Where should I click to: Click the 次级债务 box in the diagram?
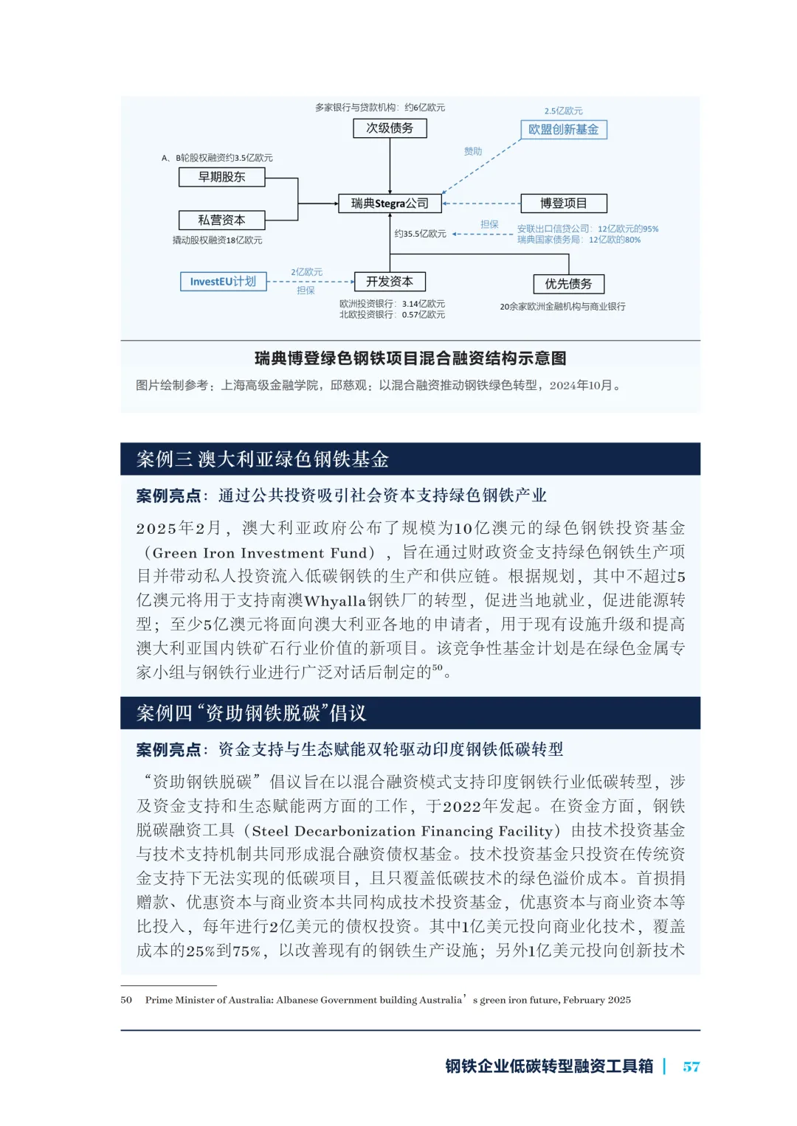pyautogui.click(x=390, y=128)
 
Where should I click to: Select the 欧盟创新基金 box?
pyautogui.click(x=563, y=130)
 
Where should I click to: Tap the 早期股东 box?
pyautogui.click(x=221, y=177)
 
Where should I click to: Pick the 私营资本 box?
pyautogui.click(x=221, y=220)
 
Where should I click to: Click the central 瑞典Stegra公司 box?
pyautogui.click(x=390, y=204)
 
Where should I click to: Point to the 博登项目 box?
pyautogui.click(x=563, y=204)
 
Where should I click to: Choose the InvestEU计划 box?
pyautogui.click(x=223, y=282)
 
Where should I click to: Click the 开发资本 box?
pyautogui.click(x=390, y=282)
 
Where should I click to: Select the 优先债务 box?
pyautogui.click(x=568, y=284)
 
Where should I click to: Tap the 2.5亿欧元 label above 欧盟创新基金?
pyautogui.click(x=563, y=111)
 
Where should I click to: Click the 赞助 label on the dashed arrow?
pyautogui.click(x=472, y=151)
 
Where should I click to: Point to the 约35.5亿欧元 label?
pyautogui.click(x=420, y=234)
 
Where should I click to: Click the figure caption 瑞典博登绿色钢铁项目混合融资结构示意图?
pyautogui.click(x=410, y=358)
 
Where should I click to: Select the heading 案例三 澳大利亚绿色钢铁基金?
pyautogui.click(x=263, y=459)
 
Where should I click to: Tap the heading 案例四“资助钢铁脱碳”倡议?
pyautogui.click(x=252, y=713)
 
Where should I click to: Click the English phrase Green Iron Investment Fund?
pyautogui.click(x=260, y=553)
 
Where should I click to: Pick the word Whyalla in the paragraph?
pyautogui.click(x=336, y=600)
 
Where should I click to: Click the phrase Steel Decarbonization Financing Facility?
pyautogui.click(x=402, y=831)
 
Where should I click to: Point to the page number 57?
pyautogui.click(x=691, y=1066)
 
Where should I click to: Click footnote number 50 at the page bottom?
pyautogui.click(x=126, y=1000)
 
